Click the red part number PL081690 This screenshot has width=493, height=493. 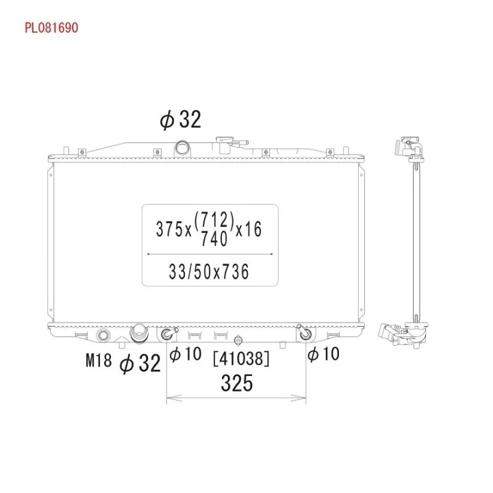tap(51, 27)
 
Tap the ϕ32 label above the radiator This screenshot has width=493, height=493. tap(180, 119)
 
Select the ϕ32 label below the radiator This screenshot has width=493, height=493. tap(140, 363)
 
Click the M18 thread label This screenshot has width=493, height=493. tap(99, 360)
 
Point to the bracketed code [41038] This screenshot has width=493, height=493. tap(241, 359)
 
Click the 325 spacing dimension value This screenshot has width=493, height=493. tap(237, 383)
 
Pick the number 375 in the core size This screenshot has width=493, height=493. tap(169, 229)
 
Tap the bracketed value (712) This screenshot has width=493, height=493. tap(214, 220)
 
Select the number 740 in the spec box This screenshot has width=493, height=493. tap(214, 239)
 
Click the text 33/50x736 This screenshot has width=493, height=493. tap(209, 272)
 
